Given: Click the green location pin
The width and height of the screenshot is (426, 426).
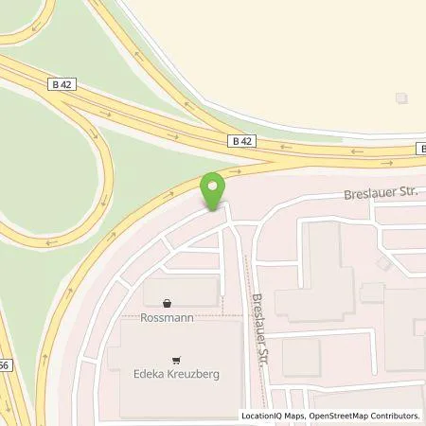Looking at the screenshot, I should (215, 188).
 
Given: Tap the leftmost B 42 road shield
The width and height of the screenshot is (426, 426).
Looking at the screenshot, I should (62, 83).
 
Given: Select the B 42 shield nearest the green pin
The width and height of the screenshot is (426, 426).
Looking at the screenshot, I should (242, 140).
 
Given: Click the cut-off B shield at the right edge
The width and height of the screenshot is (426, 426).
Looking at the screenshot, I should (422, 148).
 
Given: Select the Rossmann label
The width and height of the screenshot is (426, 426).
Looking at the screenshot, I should (168, 318).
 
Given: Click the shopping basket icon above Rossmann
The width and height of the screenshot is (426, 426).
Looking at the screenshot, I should (168, 304).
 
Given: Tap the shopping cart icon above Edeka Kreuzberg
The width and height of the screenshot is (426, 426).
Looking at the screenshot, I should (176, 360).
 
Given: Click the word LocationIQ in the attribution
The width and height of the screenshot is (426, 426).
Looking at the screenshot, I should (261, 416).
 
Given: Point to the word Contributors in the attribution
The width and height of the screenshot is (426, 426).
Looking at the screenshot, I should (395, 416).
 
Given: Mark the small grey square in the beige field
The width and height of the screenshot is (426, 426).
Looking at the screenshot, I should (402, 98).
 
